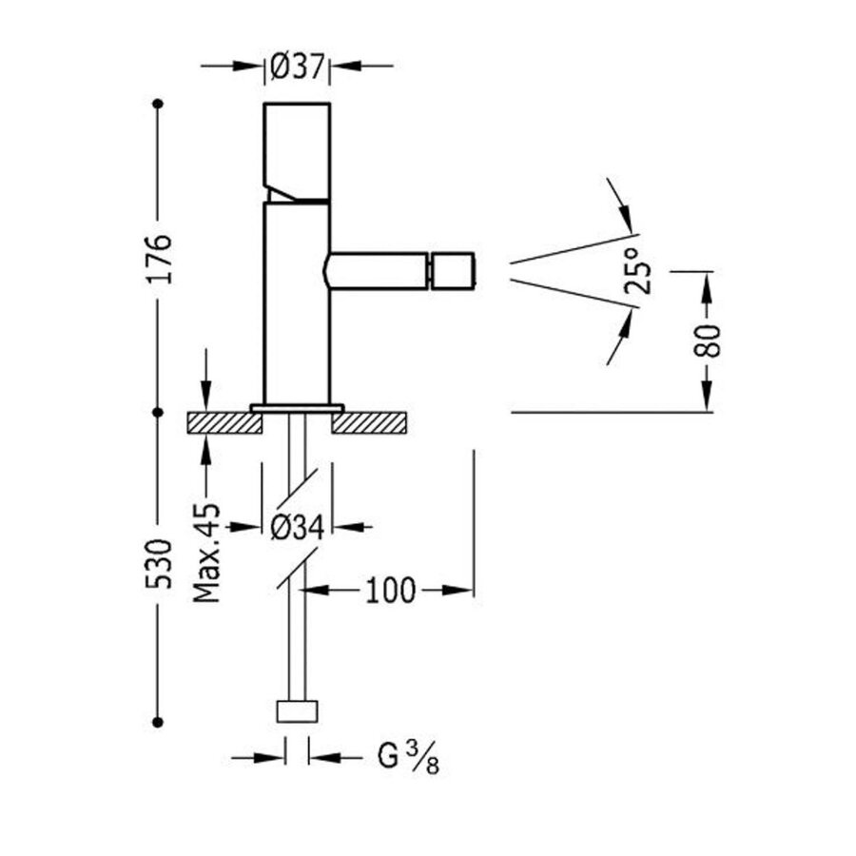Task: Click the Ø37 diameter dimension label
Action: coord(297,66)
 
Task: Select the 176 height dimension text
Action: coord(161,255)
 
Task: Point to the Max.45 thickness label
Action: coord(206,553)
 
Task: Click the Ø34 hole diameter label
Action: coord(297,528)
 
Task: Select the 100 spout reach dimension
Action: coord(390,591)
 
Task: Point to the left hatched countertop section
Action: coord(225,422)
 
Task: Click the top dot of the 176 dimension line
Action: coord(159,102)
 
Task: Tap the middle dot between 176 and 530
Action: coord(159,412)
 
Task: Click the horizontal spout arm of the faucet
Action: coord(377,270)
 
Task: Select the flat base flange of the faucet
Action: coord(297,408)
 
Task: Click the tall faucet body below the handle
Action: coord(296,304)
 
